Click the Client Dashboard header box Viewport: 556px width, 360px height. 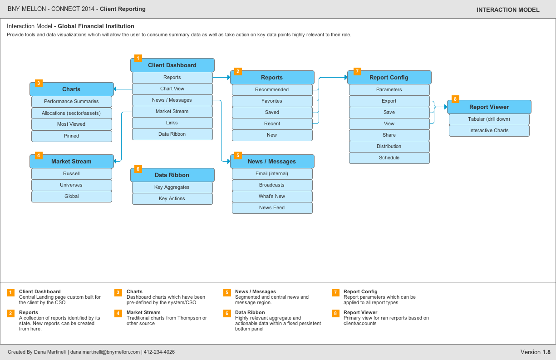172,65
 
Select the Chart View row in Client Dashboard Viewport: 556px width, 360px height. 172,89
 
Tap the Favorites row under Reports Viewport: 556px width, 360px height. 272,101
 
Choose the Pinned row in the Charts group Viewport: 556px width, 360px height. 72,136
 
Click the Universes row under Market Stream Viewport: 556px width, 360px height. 72,185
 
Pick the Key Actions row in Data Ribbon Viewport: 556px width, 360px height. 172,199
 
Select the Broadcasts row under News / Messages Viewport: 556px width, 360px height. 272,185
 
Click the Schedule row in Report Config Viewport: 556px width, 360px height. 389,158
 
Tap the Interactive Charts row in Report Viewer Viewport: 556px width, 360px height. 489,131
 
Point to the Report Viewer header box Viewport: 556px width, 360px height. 489,107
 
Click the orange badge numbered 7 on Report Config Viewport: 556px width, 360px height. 357,72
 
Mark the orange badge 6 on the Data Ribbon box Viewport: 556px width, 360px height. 138,169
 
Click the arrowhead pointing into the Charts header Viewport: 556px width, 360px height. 115,89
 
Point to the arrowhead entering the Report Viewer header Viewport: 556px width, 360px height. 446,107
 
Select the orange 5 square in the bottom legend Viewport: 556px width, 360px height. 227,292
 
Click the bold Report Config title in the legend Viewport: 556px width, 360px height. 360,291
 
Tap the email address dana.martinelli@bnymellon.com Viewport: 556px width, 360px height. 105,352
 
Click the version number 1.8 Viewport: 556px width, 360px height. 546,352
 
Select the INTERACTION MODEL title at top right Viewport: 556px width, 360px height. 508,10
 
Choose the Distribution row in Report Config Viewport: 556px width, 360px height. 389,146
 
